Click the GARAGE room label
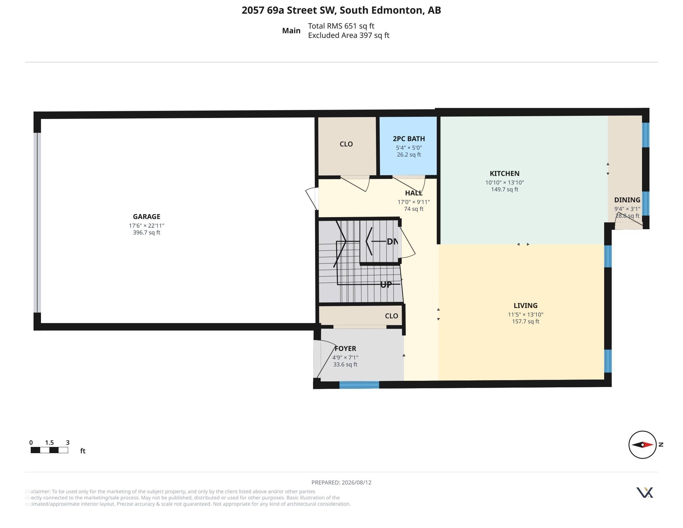tap(146, 216)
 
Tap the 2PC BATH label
tap(409, 139)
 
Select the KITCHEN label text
tap(504, 173)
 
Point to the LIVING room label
tap(525, 305)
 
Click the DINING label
tap(627, 200)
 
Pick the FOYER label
tap(345, 348)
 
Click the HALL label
tap(414, 193)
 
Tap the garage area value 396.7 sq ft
tap(146, 232)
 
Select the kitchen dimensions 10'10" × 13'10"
tap(504, 182)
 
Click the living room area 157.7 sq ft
tap(525, 321)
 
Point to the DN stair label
tap(392, 241)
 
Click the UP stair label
tap(386, 284)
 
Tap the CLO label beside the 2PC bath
tap(346, 144)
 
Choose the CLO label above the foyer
tap(391, 316)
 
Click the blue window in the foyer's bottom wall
tap(359, 385)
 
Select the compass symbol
tap(642, 444)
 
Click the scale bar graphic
tap(49, 450)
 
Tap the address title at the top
tap(341, 10)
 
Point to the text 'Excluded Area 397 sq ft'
tap(349, 35)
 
